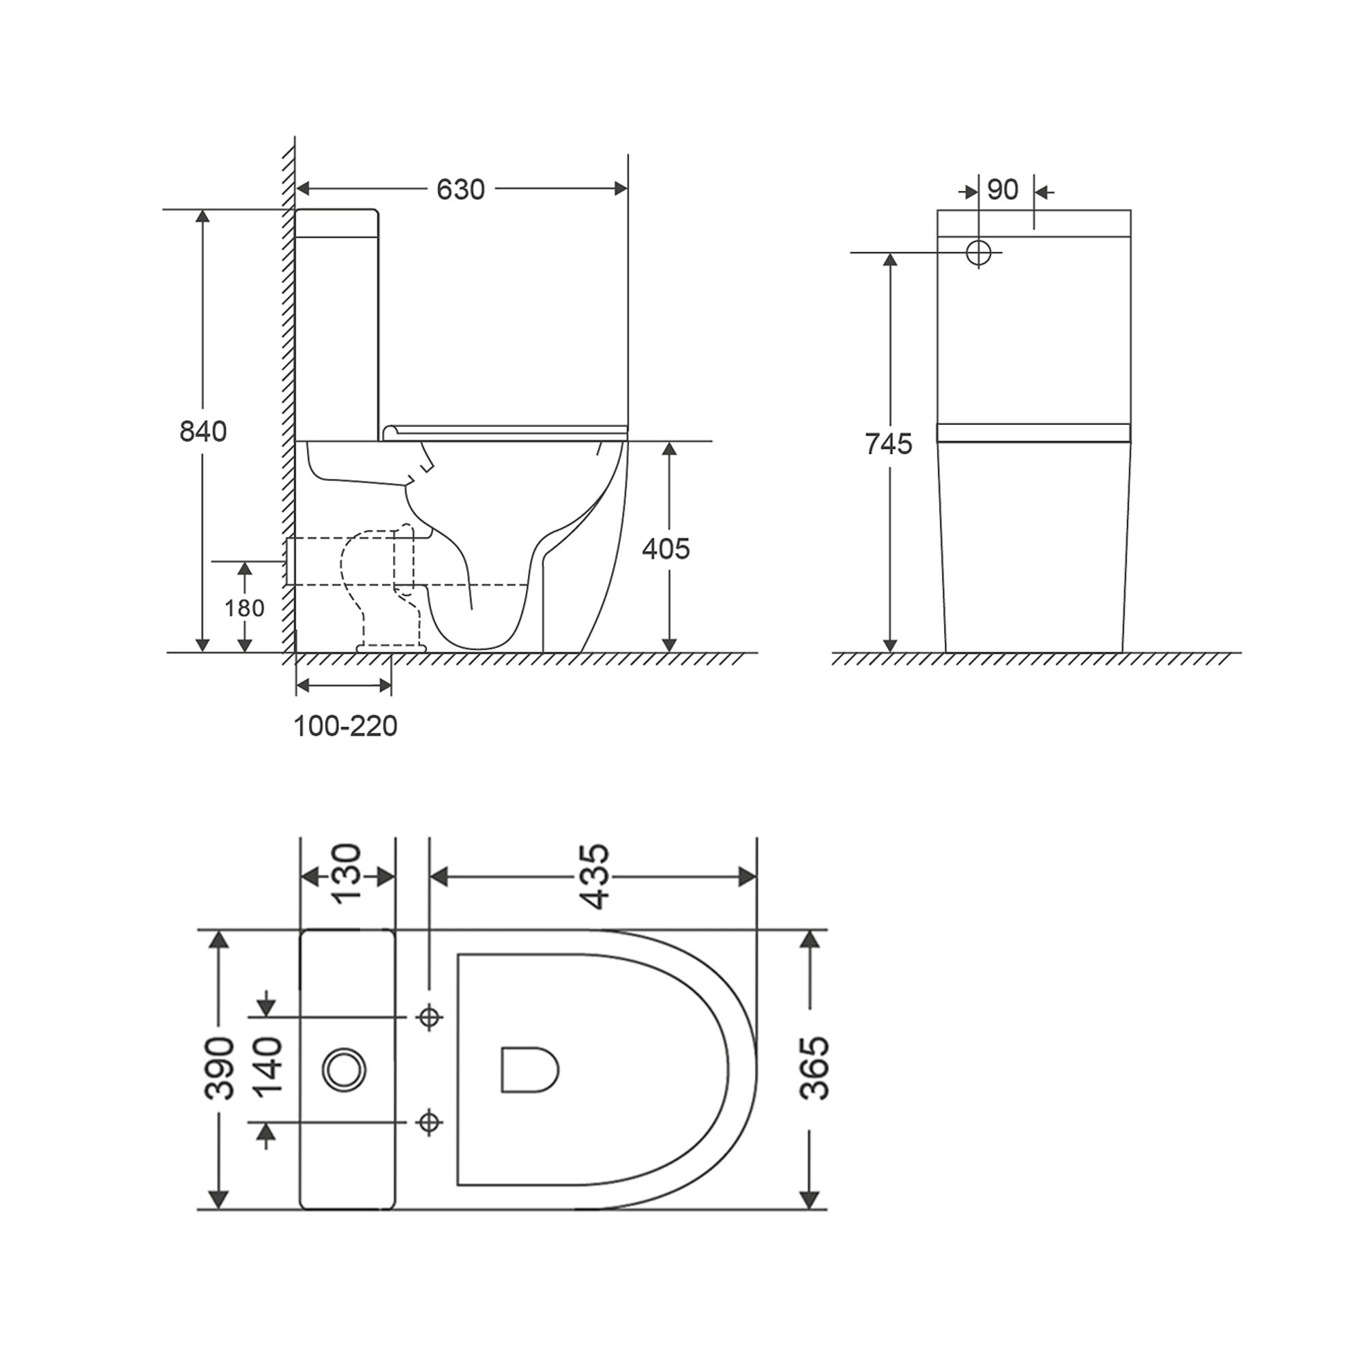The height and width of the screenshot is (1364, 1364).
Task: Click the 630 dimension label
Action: point(460,190)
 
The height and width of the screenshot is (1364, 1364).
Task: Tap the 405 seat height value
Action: point(666,548)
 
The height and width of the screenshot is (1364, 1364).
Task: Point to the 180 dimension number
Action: point(244,608)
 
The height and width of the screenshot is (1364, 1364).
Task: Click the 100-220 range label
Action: point(345,726)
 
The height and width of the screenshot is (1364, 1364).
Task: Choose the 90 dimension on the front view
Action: point(1003,190)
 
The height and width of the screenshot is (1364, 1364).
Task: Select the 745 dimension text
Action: point(889,444)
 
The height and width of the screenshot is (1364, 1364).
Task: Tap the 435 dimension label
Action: point(594,876)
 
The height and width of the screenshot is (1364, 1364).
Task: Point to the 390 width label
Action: point(220,1069)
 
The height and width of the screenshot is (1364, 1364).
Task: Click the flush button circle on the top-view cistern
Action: point(344,1070)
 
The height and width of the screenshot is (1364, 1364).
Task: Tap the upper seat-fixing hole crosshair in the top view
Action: point(429,1018)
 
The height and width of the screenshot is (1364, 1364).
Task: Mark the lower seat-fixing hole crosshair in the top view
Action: point(429,1122)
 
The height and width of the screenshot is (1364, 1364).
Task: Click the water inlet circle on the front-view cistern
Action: point(979,252)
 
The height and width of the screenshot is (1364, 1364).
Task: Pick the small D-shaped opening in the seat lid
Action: point(529,1069)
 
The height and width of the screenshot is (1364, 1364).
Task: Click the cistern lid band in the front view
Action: point(1034,432)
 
